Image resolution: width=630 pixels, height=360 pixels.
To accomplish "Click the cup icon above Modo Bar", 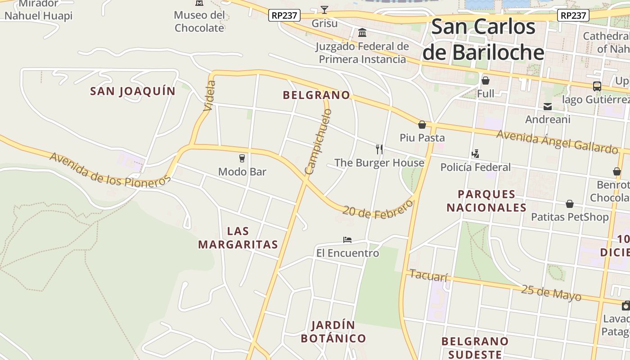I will coord(242,158).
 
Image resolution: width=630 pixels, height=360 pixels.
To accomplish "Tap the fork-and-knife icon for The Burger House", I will coord(379,149).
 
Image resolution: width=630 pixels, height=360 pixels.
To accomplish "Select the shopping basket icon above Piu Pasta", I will coord(422,124).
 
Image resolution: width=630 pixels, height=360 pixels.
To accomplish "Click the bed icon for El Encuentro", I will coord(347,240).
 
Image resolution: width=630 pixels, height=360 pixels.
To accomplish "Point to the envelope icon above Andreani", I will coord(548,107).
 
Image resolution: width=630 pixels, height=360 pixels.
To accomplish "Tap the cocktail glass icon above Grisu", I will coord(324,9).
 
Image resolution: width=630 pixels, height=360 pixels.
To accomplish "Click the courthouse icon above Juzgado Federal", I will coord(362,33).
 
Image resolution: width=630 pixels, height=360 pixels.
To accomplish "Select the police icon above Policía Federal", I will coord(475,154).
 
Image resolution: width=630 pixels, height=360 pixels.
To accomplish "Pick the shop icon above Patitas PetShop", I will coord(570,204).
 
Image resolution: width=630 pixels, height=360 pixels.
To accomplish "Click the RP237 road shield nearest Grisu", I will coord(285,15).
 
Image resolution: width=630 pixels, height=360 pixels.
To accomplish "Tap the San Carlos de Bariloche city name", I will coord(483,40).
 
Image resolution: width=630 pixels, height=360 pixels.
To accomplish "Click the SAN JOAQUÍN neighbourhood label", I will coord(133,91).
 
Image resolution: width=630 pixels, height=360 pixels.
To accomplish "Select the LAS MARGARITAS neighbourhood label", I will coord(238,238).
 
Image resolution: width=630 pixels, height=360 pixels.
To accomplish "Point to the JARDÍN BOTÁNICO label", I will coord(333,332).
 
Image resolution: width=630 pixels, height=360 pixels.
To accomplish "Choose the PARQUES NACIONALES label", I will coord(486,201).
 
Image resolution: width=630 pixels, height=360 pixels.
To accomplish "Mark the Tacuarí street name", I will coord(428,275).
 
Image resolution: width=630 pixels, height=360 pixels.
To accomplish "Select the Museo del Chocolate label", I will coord(199,21).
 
